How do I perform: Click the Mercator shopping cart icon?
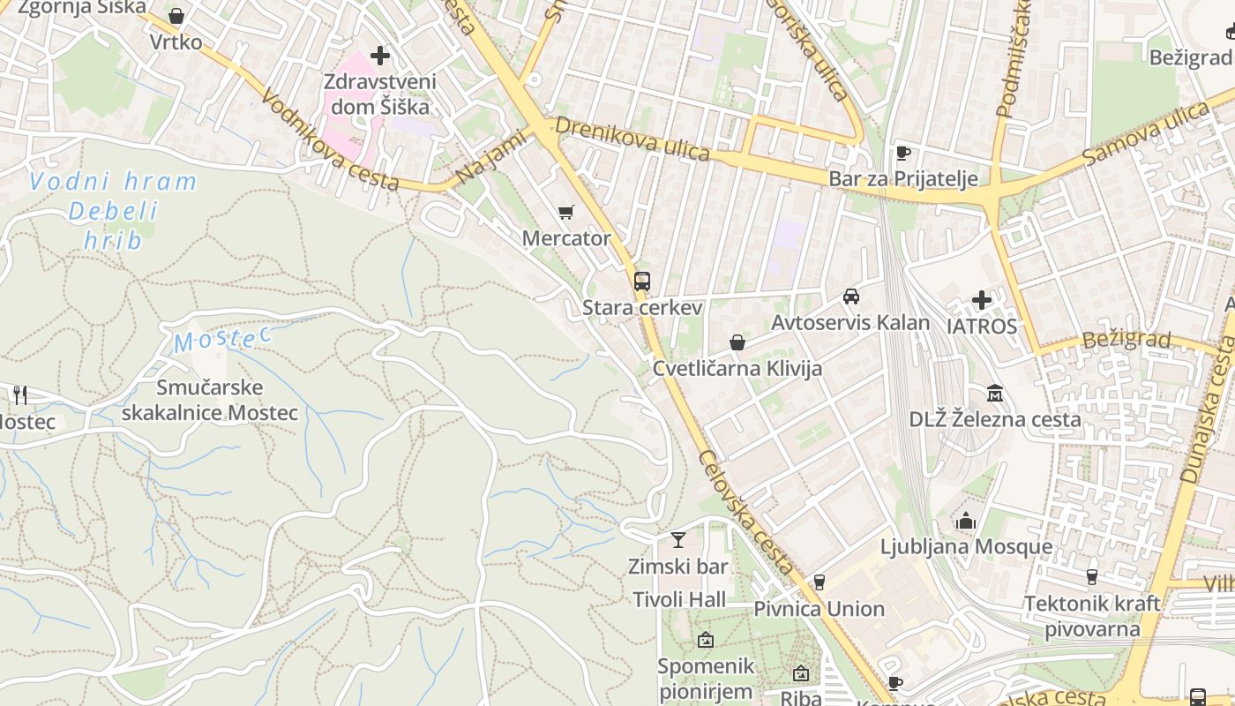[x=566, y=212]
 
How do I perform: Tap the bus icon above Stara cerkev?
[x=642, y=282]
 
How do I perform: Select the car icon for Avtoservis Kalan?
[x=850, y=297]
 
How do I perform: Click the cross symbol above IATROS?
[x=982, y=300]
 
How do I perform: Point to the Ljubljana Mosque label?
[x=966, y=546]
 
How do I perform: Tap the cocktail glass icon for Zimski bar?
[x=677, y=540]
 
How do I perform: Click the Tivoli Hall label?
[x=679, y=600]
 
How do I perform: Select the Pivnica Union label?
[x=819, y=609]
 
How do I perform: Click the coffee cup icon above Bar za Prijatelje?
[x=902, y=153]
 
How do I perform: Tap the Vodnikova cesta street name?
[x=330, y=144]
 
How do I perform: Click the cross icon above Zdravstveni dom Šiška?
[x=380, y=56]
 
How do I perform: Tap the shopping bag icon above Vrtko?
[x=176, y=16]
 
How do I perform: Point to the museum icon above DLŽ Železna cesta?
[x=995, y=393]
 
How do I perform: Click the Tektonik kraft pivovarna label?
[x=1092, y=616]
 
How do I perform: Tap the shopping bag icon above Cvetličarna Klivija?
[x=737, y=342]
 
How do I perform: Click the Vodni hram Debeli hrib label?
[x=113, y=211]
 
